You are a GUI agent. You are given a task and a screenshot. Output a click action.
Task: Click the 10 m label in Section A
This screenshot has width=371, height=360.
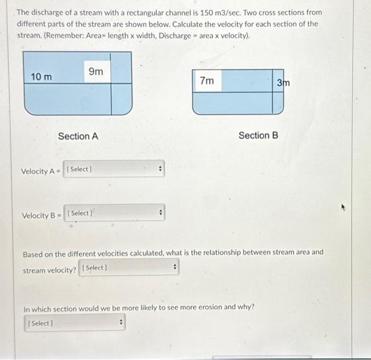point(41,77)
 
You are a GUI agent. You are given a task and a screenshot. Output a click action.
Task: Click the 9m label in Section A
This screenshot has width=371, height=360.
point(96,71)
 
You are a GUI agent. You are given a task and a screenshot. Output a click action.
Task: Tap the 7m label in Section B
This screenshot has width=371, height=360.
point(207,80)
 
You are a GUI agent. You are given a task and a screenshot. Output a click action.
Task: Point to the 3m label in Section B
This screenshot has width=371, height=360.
point(284,83)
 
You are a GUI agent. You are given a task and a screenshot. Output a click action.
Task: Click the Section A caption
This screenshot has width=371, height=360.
point(78,136)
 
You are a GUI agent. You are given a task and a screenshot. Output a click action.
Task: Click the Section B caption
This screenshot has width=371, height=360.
point(258,135)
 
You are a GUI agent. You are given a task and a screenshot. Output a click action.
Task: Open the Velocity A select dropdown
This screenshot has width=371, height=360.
point(114,169)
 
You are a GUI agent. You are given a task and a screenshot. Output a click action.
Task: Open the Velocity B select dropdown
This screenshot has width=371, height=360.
point(114,213)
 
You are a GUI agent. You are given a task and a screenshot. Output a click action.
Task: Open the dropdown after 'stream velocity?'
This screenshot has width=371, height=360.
point(129,268)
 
